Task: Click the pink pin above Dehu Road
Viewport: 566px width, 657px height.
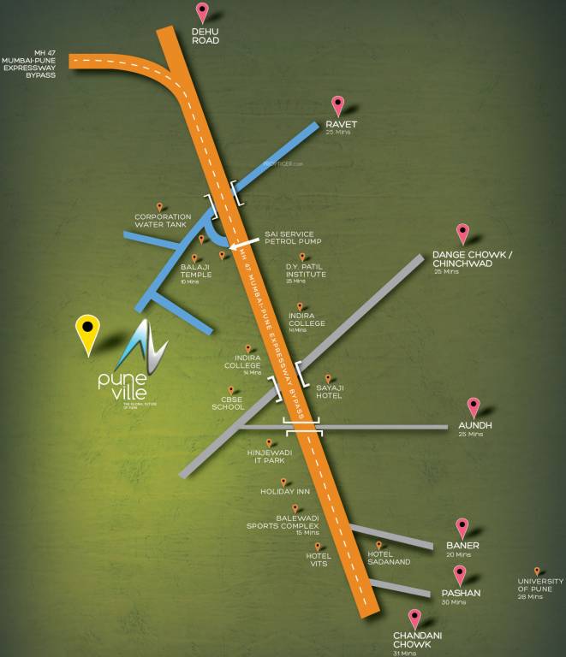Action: coord(202,12)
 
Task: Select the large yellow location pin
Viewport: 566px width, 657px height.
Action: coord(87,332)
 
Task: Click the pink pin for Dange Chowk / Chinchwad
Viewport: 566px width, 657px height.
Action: coord(462,233)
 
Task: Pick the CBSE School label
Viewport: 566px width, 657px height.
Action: coord(229,403)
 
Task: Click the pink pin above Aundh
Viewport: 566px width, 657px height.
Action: coord(474,407)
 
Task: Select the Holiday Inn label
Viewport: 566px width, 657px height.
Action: coord(285,492)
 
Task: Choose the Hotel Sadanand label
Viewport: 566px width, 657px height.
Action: coord(389,558)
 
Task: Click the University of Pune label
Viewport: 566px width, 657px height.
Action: coord(540,586)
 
